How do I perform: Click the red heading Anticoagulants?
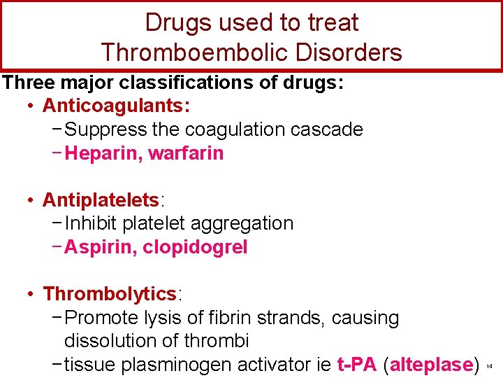[116, 106]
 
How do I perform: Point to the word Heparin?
[103, 153]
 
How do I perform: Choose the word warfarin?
[186, 153]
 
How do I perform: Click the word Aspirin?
[100, 247]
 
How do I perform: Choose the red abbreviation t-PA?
[356, 365]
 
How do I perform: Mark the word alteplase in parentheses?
[431, 365]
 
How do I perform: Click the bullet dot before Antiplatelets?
[31, 201]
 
